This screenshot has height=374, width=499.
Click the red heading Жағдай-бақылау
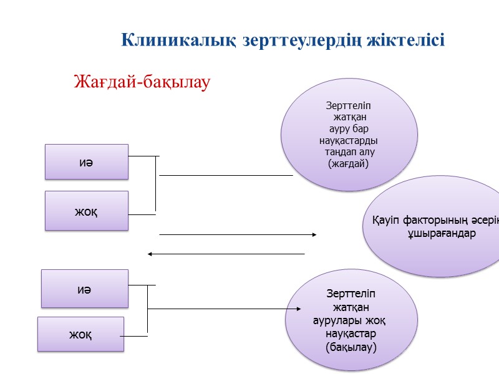[x=142, y=82]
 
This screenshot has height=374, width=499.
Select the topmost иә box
[x=86, y=162]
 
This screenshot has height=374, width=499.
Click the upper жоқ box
[x=86, y=211]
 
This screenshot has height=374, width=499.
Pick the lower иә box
[x=85, y=289]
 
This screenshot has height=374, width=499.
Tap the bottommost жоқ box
[x=80, y=334]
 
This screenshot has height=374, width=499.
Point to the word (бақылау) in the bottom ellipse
[x=351, y=347]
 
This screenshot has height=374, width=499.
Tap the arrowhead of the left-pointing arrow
[x=150, y=254]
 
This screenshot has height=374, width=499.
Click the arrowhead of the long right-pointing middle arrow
[x=314, y=234]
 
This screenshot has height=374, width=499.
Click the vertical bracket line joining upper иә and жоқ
[x=155, y=183]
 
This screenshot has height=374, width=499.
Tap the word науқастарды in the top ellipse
[x=349, y=140]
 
